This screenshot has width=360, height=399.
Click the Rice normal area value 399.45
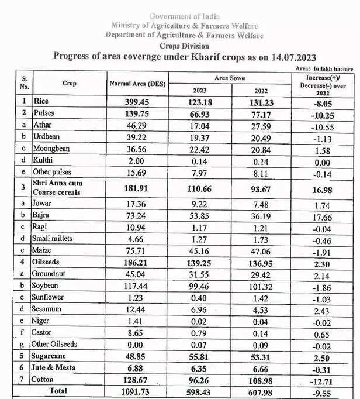point(138,101)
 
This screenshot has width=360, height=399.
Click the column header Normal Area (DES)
point(138,84)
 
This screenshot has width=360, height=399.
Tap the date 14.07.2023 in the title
point(286,57)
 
